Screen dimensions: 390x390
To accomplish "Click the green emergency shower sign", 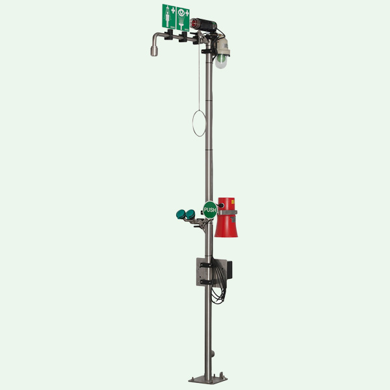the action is [x=169, y=17].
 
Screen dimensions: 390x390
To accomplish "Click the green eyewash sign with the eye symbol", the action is [x=183, y=19].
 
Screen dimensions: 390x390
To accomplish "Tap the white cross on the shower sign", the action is [x=173, y=10].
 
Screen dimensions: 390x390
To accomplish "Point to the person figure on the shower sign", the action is [x=168, y=18].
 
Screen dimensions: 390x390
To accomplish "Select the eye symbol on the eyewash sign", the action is [x=181, y=12].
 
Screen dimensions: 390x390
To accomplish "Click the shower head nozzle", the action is [x=154, y=51].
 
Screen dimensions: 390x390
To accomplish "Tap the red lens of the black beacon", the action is [x=193, y=24].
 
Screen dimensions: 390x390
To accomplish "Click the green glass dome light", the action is [x=221, y=61].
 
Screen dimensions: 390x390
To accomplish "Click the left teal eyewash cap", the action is [x=181, y=214].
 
